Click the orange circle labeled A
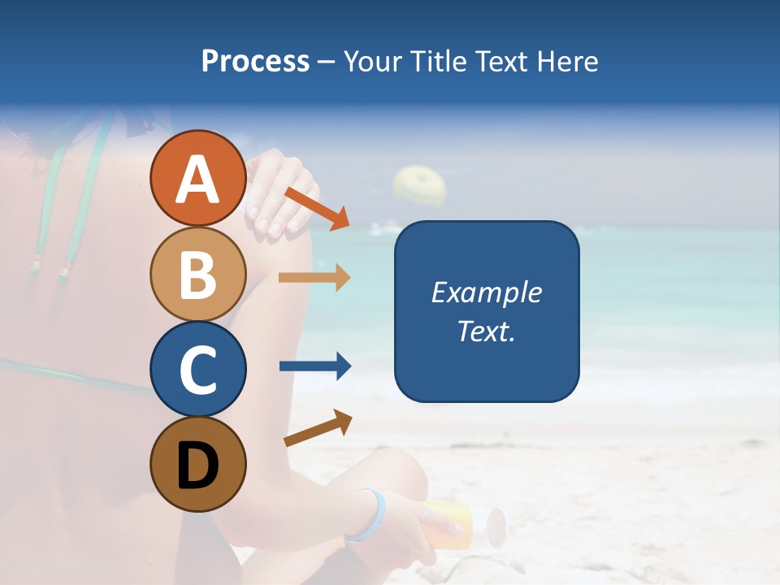[198, 178]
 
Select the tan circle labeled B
[198, 274]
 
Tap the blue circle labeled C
[198, 369]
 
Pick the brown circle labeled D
[198, 464]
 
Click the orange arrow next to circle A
[317, 207]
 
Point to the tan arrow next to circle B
[314, 278]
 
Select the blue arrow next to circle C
[314, 366]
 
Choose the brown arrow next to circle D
[318, 428]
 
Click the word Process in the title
[255, 61]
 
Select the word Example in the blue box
[486, 292]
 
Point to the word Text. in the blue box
[486, 331]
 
